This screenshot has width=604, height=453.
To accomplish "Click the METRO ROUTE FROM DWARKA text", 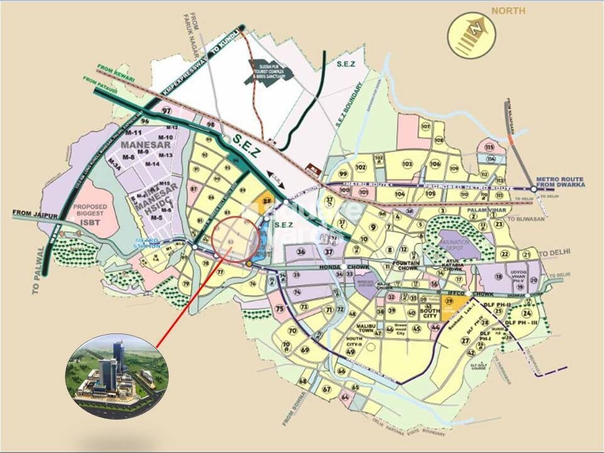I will coord(561,183).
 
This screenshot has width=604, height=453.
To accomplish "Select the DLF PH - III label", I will coord(522,323).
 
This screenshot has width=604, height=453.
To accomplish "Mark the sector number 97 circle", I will coord(167,111).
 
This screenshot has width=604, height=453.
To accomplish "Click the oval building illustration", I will coord(116,376).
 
